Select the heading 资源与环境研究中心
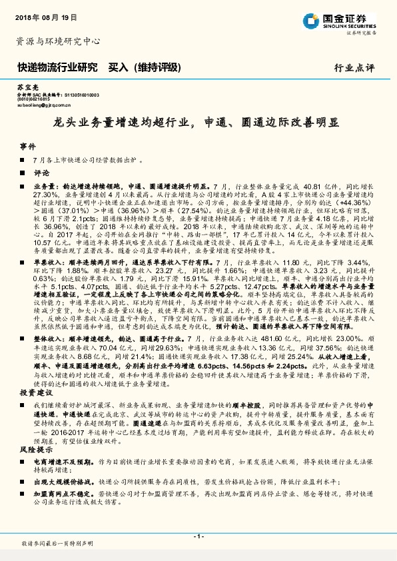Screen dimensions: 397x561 click(x=57, y=41)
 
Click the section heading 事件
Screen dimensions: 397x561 click(x=27, y=145)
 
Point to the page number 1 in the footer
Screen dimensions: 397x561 click(x=198, y=536)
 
